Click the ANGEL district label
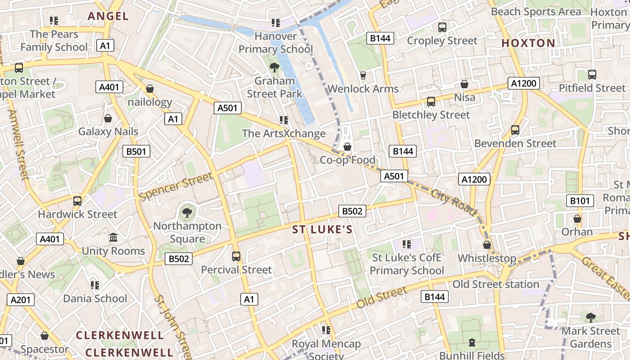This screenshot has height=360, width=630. pos(108,16)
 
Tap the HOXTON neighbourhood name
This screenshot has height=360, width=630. pos(528,43)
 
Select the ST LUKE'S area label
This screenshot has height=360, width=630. pos(322,230)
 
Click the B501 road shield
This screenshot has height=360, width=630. pos(136,151)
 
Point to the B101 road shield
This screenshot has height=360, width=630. pos(580,201)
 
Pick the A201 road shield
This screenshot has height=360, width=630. pos(20,300)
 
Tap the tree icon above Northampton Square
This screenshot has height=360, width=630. pos(187,212)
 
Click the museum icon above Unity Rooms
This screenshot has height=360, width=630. pos(113,237)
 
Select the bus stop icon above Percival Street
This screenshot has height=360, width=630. pos(236,256)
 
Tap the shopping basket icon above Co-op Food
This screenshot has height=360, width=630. pos(347,147)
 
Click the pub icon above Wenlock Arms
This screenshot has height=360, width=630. pos(363,75)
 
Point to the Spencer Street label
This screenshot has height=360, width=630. pos(176,187)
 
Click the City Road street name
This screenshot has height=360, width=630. pos(453,202)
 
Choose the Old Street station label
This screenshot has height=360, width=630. pos(495,284)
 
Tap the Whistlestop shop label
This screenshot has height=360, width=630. pos(487,258)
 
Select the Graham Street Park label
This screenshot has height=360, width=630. pos(274,87)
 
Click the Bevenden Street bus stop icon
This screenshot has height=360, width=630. pos(515,130)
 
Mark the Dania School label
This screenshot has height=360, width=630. pos(95,298)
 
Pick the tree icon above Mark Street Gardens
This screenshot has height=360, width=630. pos(591,318)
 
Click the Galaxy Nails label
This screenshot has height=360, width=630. pos(108,131)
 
